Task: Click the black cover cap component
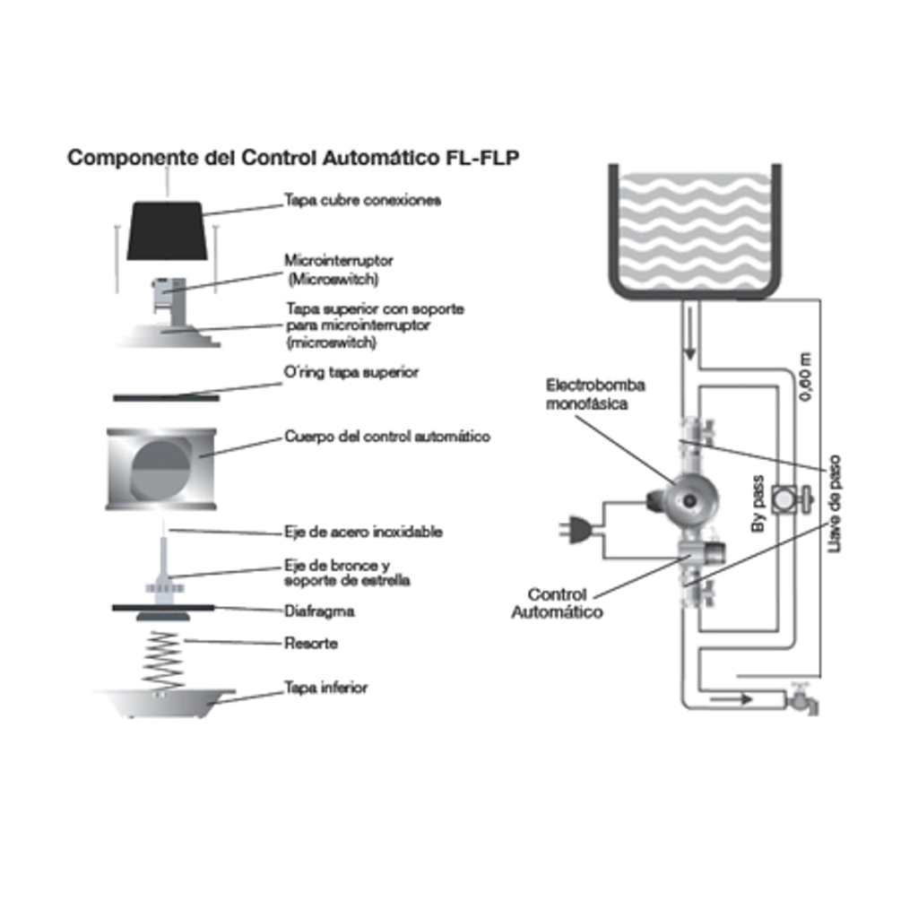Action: point(166,230)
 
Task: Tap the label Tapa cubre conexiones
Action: point(362,200)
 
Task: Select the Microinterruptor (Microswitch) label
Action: point(338,269)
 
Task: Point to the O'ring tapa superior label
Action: point(351,371)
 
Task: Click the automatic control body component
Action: point(160,469)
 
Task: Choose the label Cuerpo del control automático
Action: point(387,437)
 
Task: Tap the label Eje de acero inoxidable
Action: point(363,532)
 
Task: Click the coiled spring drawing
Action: point(163,660)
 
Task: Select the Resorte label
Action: point(311,644)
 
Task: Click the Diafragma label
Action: point(319,611)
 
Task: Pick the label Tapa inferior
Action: point(325,688)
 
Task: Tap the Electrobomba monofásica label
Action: point(596,394)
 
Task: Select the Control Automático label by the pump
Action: point(557,603)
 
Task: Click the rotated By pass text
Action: point(758,503)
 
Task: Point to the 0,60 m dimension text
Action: point(803,377)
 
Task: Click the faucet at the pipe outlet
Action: point(801,698)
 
